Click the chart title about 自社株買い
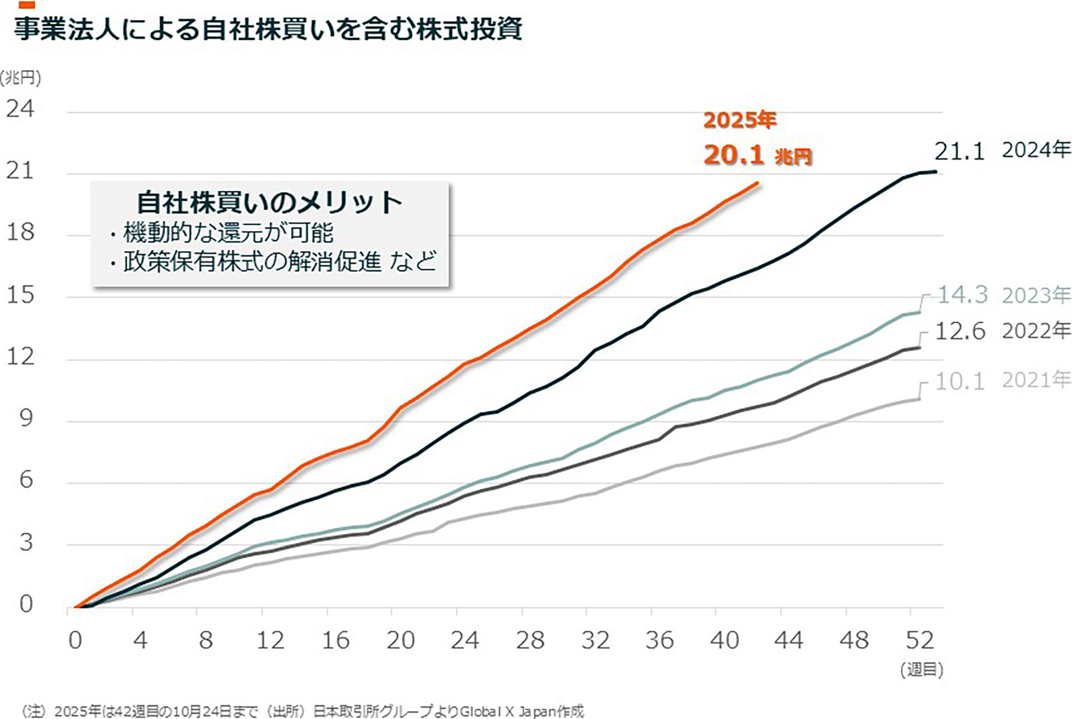click(x=268, y=29)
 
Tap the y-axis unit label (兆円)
click(x=21, y=78)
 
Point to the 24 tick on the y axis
click(x=20, y=109)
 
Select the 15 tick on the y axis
click(x=20, y=295)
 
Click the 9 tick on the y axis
click(x=26, y=418)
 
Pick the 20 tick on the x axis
click(x=400, y=640)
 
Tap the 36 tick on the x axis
click(x=659, y=640)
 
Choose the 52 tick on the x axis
click(x=919, y=640)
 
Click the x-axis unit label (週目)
click(x=921, y=669)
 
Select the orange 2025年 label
click(x=739, y=120)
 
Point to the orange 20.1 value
click(x=733, y=155)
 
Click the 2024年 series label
click(x=1036, y=150)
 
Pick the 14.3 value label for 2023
click(x=962, y=295)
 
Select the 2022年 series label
click(x=1036, y=331)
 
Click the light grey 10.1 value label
click(x=960, y=381)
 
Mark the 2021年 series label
click(x=1036, y=380)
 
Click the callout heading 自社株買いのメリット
click(x=269, y=202)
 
